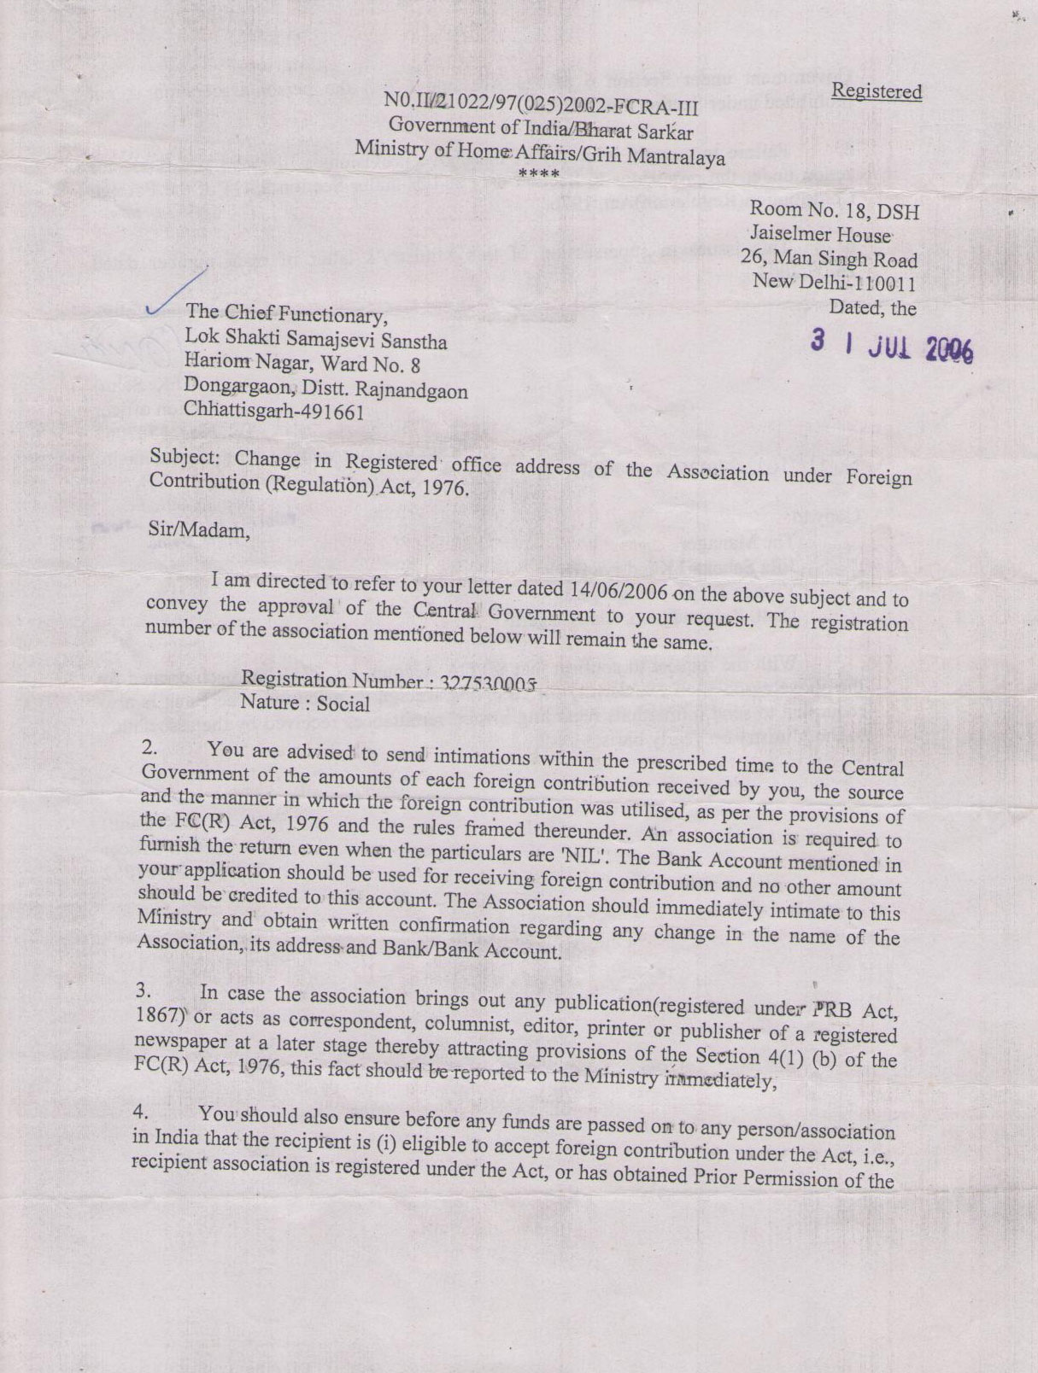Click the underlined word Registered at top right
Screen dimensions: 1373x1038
tap(877, 91)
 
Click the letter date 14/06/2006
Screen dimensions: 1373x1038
tap(617, 590)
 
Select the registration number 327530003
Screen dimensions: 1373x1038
tap(489, 683)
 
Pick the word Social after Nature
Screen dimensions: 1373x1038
tap(343, 704)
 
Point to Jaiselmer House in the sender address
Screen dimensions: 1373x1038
tap(821, 232)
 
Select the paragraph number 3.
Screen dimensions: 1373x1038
tap(143, 991)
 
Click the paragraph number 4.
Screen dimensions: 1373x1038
tap(143, 1113)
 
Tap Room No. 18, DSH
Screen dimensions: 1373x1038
tap(834, 209)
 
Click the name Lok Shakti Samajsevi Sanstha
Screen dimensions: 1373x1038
tap(315, 341)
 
